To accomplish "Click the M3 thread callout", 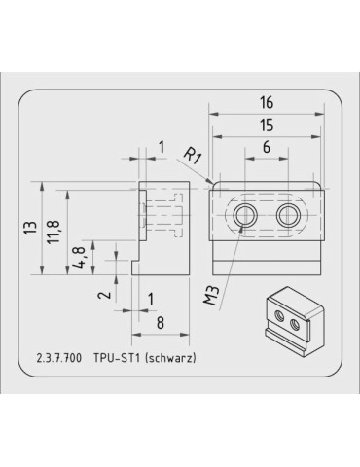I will pos(213,294).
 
